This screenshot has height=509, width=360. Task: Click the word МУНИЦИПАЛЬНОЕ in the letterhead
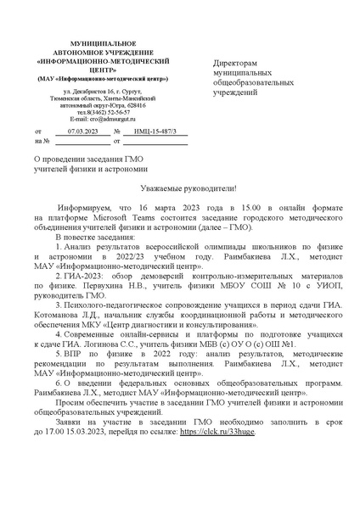[102, 42]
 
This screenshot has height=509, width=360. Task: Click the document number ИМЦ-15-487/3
[143, 133]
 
